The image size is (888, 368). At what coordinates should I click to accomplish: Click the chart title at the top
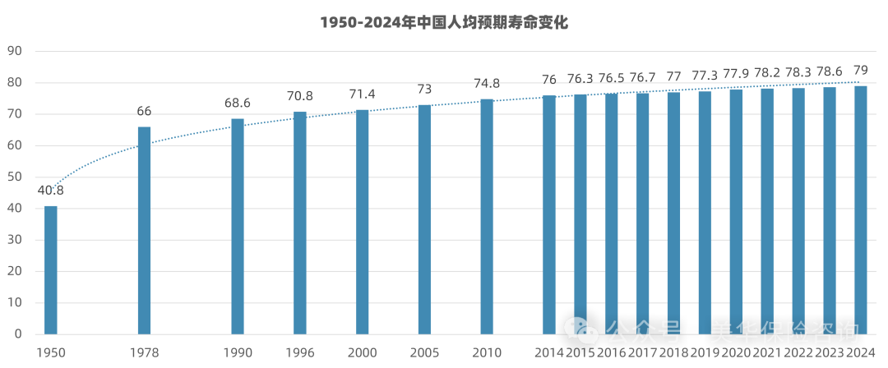coord(444,23)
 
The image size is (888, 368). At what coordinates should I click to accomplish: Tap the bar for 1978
coord(144,230)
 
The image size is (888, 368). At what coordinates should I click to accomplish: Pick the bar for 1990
coord(238,226)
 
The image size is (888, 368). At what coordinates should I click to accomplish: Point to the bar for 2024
coord(860,209)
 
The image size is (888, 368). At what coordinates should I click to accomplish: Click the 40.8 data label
coord(51,191)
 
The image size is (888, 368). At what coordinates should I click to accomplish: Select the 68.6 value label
coord(238,103)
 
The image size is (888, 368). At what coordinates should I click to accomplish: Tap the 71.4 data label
coord(362,94)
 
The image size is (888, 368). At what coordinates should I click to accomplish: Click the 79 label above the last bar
coord(860,70)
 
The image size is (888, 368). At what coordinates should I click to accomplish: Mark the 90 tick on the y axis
coord(14,51)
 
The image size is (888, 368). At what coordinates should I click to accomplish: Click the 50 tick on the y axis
coord(14,177)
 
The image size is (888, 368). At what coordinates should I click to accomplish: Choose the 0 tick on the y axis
coord(17,334)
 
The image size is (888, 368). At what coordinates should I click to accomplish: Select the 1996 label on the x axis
coord(299,352)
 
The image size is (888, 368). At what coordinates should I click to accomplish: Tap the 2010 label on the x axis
coord(487,352)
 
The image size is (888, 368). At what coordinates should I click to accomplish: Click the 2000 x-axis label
coord(362,352)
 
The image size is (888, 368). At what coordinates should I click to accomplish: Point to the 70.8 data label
coord(299,96)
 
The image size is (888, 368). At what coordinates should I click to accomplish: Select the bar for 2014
coord(549,214)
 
